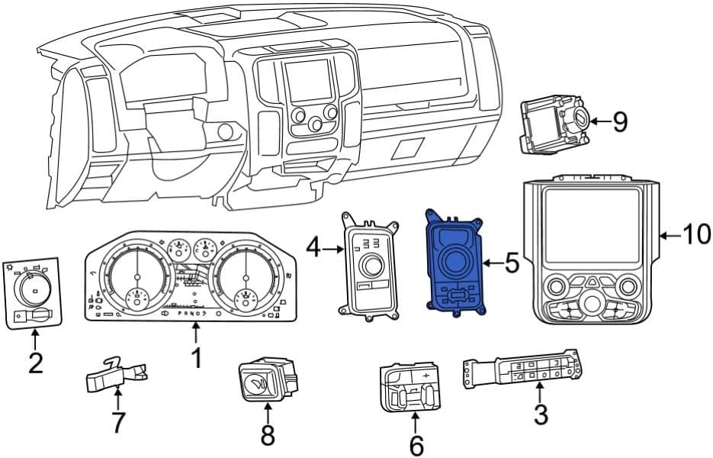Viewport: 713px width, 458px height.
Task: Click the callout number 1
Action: click(196, 357)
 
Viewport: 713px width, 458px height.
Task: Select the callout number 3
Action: click(540, 415)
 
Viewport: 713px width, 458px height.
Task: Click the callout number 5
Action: click(512, 264)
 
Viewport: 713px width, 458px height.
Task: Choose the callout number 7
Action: click(117, 421)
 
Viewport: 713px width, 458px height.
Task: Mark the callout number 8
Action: click(268, 434)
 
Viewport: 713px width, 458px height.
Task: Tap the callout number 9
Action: click(620, 121)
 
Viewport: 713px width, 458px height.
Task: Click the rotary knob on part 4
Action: click(372, 264)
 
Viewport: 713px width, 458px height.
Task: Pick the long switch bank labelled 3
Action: click(519, 369)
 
